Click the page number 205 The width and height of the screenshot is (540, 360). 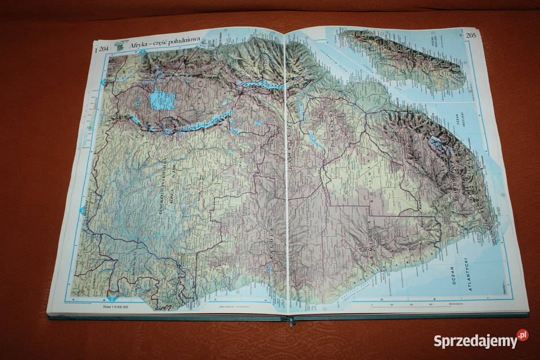471,35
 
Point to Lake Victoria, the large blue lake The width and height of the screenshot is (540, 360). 162,100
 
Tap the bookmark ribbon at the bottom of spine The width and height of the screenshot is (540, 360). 291,321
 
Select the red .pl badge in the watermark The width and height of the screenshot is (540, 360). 523,335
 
